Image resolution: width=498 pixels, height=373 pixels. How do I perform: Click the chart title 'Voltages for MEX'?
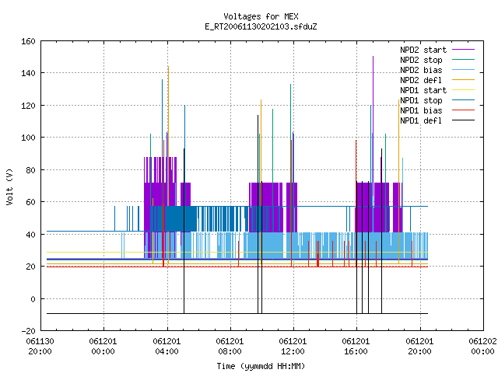pos(261,16)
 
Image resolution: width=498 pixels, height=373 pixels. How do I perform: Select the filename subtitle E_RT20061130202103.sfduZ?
pos(261,26)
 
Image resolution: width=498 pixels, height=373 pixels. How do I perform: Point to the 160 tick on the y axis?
pos(28,41)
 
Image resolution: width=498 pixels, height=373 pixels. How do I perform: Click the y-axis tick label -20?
pos(28,331)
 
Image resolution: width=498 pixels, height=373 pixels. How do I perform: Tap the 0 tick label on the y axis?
pos(33,298)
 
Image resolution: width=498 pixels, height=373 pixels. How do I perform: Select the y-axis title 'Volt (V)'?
pos(9,186)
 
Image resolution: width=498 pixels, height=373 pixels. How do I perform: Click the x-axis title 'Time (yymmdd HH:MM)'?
pos(261,366)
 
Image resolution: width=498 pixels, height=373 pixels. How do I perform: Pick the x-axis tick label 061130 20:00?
pos(40,347)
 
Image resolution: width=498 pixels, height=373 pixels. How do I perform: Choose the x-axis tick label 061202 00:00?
pos(482,347)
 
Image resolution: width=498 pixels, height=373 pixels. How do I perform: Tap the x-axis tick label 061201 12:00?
pos(293,347)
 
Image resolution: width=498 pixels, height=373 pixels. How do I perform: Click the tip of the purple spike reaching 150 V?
pos(373,57)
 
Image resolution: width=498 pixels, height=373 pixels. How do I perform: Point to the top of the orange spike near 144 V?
pos(168,66)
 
